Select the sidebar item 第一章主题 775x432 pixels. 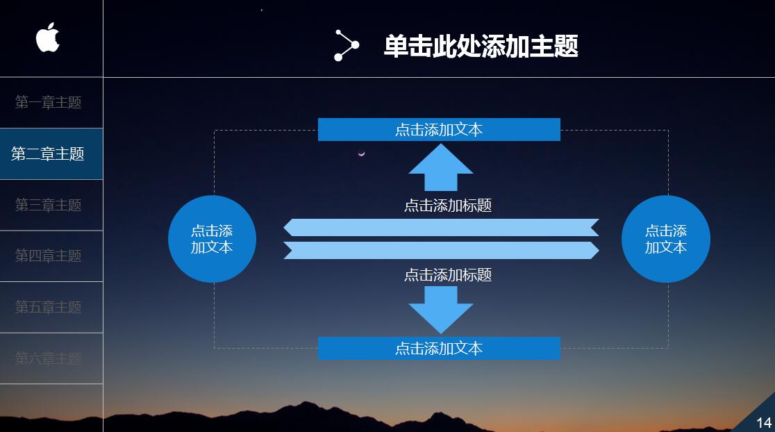point(49,103)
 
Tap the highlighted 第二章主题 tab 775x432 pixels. point(48,154)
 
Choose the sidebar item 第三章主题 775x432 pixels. point(49,205)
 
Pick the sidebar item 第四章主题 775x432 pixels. point(49,256)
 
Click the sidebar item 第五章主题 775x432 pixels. point(49,307)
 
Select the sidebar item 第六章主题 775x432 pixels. point(49,358)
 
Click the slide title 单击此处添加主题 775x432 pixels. point(481,47)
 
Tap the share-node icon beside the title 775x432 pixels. point(346,46)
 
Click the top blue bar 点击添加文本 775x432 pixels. point(439,130)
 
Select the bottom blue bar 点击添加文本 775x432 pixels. point(439,349)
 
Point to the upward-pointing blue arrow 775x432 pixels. point(441,168)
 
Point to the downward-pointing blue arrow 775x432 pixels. point(441,309)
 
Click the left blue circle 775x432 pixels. point(212,239)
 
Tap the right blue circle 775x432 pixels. point(665,239)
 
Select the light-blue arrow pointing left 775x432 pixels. point(441,228)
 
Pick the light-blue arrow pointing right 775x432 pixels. point(441,250)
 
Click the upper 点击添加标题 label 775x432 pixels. point(448,206)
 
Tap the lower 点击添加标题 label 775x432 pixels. point(448,275)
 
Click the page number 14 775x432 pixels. point(763,422)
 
